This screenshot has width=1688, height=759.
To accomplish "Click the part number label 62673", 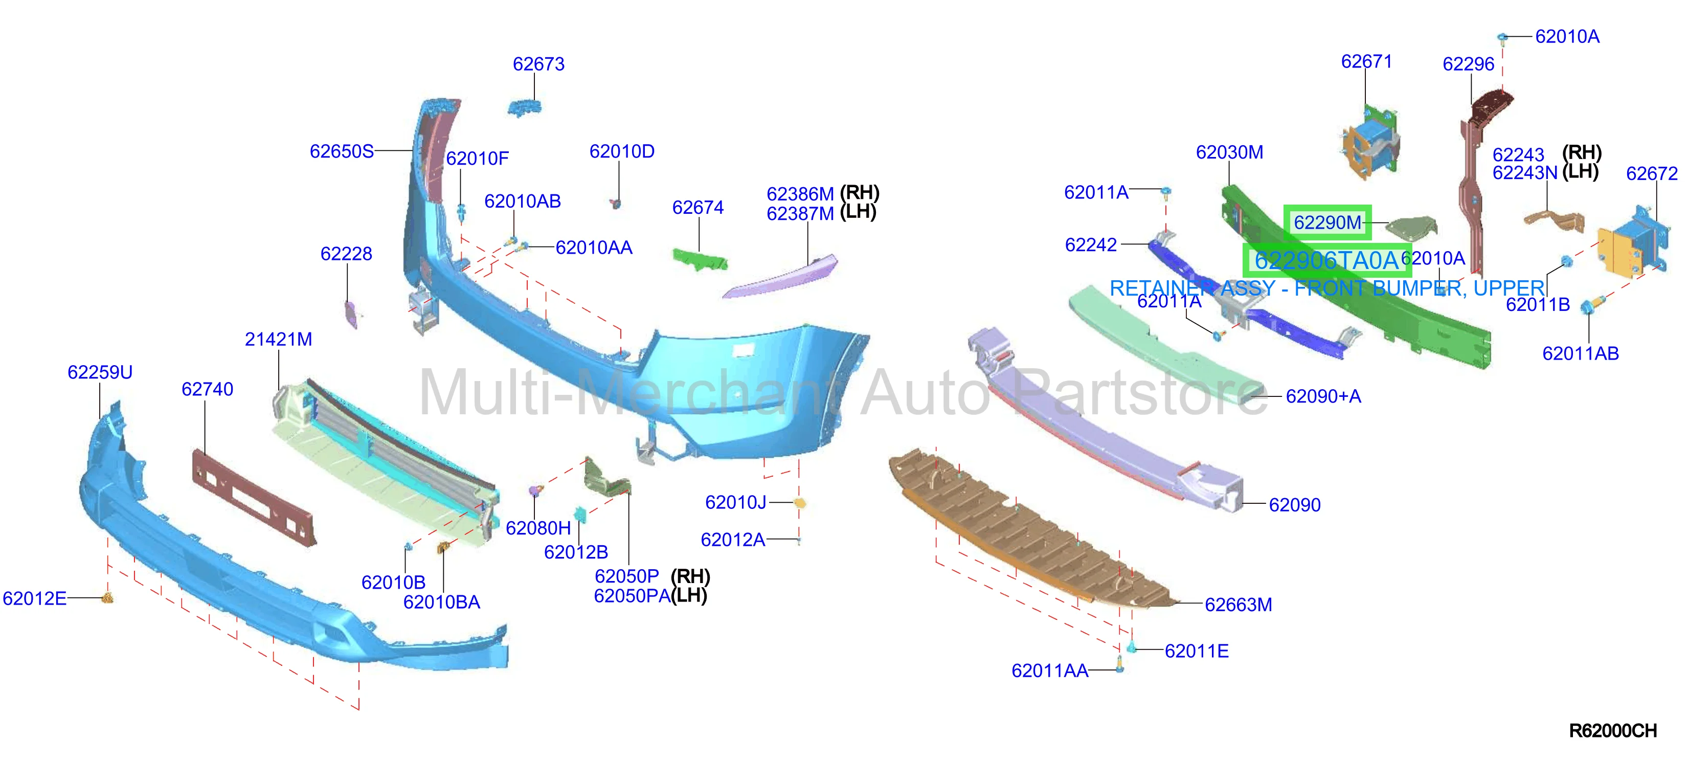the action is tap(538, 64).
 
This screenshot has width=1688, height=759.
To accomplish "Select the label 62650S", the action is tap(342, 151).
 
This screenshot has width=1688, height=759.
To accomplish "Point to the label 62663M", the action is tap(1238, 605).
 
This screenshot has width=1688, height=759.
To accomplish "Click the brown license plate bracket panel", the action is tap(254, 497).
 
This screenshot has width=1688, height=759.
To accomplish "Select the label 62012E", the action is tap(34, 598).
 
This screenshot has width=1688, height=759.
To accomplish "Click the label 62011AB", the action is tap(1580, 354).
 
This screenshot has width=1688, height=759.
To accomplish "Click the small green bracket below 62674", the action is tap(700, 258).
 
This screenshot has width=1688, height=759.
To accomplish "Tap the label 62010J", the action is tap(735, 503).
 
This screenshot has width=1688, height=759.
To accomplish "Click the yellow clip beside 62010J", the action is tap(799, 503).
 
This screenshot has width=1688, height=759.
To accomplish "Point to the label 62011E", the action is tap(1196, 652).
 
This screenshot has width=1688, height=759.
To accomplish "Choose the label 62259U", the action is tap(100, 373).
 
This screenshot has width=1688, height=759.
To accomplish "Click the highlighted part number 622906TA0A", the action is tap(1326, 261).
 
